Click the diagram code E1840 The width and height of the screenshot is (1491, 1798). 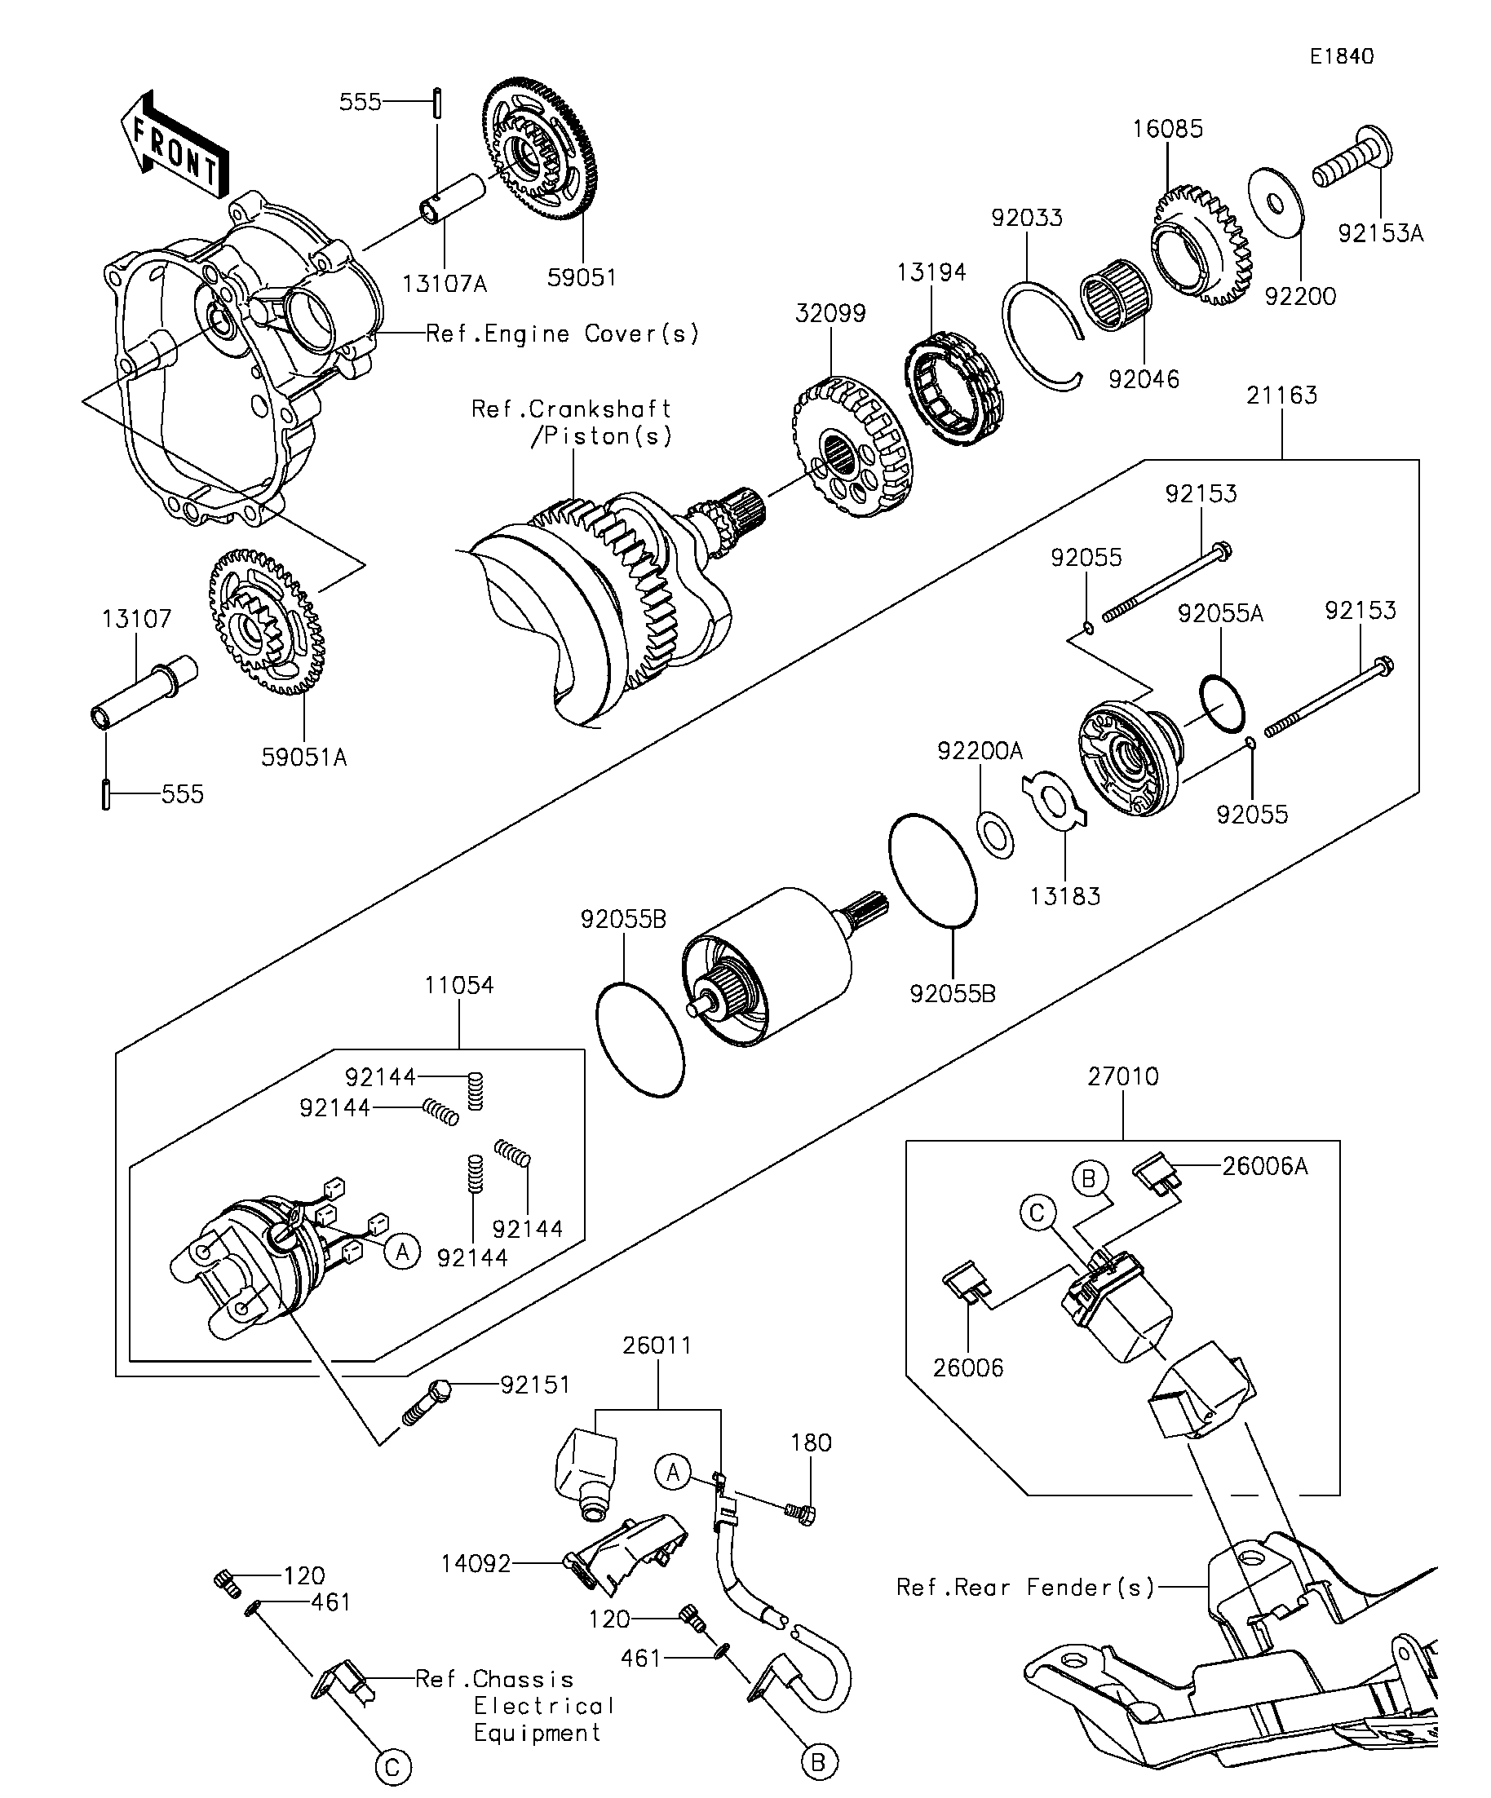1341,56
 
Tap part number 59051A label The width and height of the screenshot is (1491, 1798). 304,758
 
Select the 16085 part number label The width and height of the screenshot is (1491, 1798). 1167,130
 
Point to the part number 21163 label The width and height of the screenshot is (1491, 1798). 1281,395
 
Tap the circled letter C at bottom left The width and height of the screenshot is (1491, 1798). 393,1767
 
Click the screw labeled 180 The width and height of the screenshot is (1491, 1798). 800,1513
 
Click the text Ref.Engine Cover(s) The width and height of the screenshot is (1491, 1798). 562,334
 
